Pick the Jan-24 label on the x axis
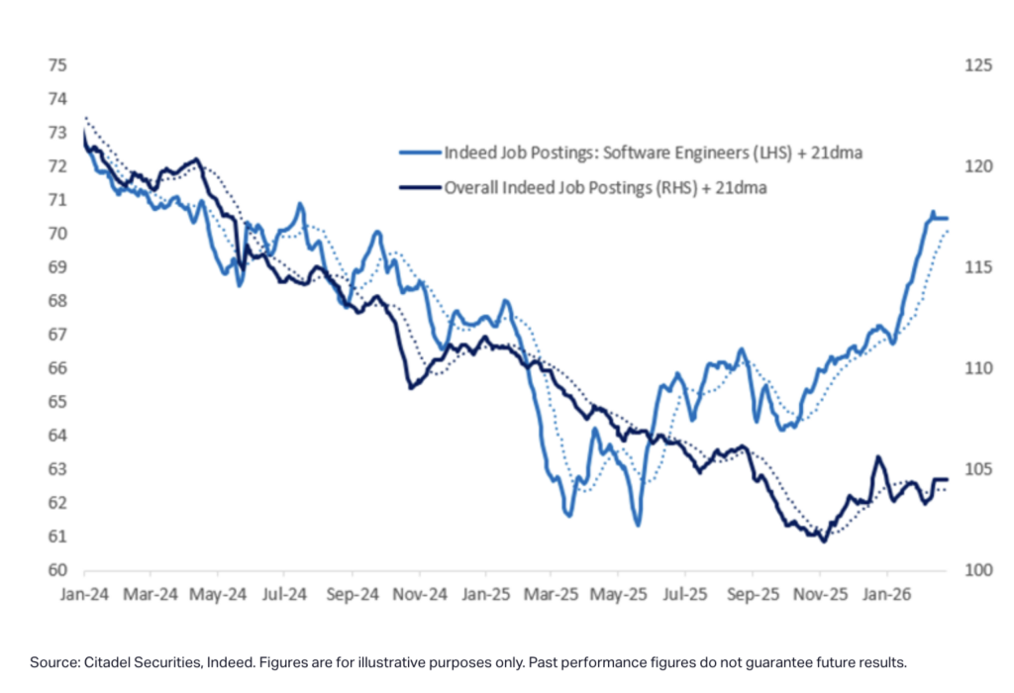click(84, 596)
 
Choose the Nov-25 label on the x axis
click(819, 596)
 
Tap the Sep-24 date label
click(352, 596)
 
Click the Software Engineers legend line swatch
click(419, 153)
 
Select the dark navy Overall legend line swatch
click(419, 186)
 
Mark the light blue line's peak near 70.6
click(932, 213)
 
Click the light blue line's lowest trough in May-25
click(637, 525)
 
